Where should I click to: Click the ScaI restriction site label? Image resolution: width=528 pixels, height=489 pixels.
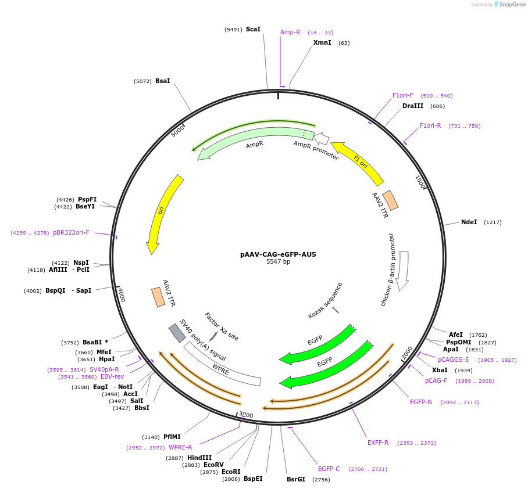(x=253, y=29)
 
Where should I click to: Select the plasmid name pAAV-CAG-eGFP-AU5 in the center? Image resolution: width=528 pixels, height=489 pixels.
(x=278, y=254)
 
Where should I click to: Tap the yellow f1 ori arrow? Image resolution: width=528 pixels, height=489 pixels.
(x=358, y=163)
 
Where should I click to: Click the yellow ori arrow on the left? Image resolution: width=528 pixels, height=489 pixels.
(x=163, y=212)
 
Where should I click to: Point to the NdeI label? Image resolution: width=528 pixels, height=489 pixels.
(x=469, y=222)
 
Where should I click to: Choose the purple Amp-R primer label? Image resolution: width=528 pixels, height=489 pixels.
(x=290, y=32)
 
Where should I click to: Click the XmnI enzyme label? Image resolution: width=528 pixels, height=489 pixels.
(x=322, y=42)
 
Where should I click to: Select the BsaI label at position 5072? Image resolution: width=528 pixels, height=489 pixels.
(x=163, y=81)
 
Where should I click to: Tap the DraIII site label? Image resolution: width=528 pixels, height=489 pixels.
(x=413, y=106)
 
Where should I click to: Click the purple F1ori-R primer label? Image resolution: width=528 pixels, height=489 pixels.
(x=430, y=125)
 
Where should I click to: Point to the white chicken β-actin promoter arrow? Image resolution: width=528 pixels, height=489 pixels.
(x=403, y=270)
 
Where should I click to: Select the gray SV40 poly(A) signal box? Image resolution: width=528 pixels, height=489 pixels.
(x=177, y=333)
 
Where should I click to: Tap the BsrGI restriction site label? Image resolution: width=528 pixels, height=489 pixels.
(x=296, y=479)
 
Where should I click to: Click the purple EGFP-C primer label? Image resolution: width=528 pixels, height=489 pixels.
(x=329, y=469)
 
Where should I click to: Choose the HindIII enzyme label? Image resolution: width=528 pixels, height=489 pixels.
(x=199, y=458)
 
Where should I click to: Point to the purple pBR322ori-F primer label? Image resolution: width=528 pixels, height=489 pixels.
(x=71, y=232)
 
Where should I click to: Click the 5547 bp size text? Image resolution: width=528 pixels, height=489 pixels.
(x=278, y=262)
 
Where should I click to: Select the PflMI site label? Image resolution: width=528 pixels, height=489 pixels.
(x=172, y=437)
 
